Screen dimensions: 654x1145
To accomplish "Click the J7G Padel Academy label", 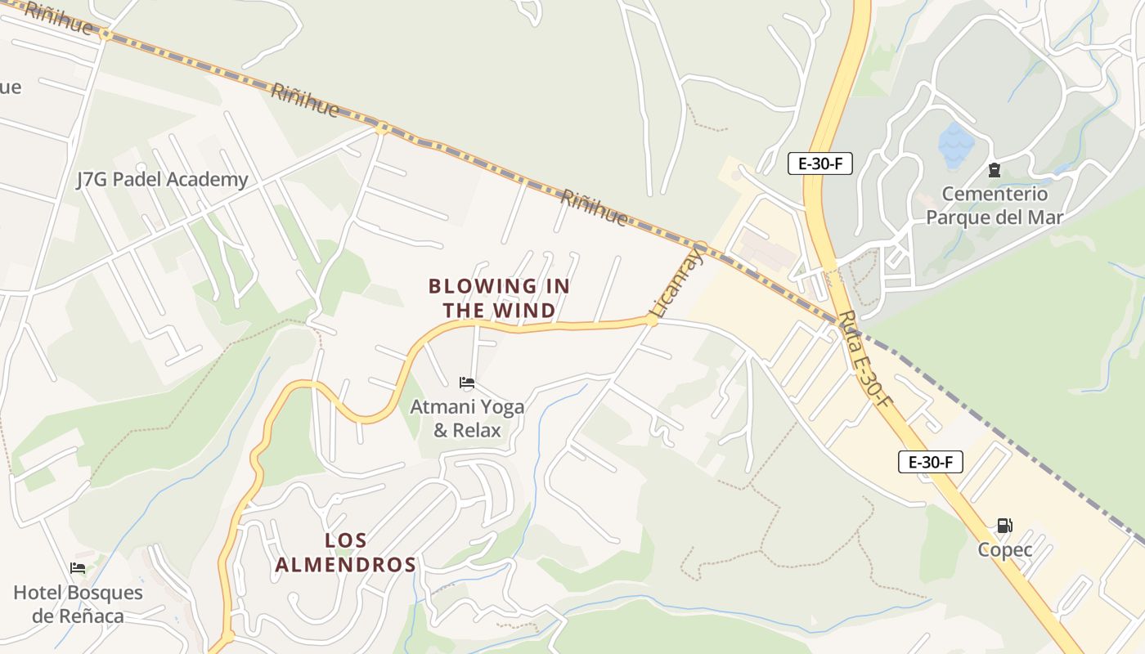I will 162,180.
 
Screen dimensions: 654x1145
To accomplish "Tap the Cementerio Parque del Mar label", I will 995,206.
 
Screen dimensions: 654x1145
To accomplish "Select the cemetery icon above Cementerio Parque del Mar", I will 995,170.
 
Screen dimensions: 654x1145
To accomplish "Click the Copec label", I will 1004,550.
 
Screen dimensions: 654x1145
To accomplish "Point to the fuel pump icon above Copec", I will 1004,526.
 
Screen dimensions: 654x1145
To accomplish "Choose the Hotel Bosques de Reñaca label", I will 78,604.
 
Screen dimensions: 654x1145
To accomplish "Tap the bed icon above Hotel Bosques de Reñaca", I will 78,568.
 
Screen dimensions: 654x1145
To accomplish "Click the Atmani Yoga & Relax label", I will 467,418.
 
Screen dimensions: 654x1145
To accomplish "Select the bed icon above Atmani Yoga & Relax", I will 467,382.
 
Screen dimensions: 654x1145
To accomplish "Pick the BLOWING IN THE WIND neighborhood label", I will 499,298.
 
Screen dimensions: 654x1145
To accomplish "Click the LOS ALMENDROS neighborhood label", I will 346,553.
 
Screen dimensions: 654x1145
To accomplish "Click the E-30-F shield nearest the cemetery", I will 819,163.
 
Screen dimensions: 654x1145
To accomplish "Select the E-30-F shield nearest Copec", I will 930,462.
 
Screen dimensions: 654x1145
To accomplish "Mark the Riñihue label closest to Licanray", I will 595,208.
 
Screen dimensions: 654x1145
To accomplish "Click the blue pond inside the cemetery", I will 956,145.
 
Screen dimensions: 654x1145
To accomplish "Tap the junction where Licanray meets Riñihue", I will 700,245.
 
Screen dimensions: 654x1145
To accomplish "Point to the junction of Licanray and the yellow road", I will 651,320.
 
